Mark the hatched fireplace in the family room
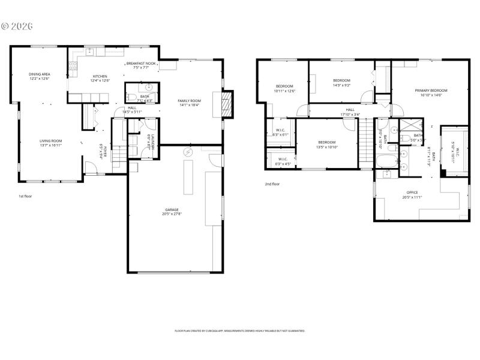coord(226,104)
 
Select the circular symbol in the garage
coord(188,152)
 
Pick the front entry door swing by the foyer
coord(91,167)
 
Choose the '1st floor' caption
coord(26,196)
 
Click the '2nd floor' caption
coord(272,184)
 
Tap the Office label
coord(412,194)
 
